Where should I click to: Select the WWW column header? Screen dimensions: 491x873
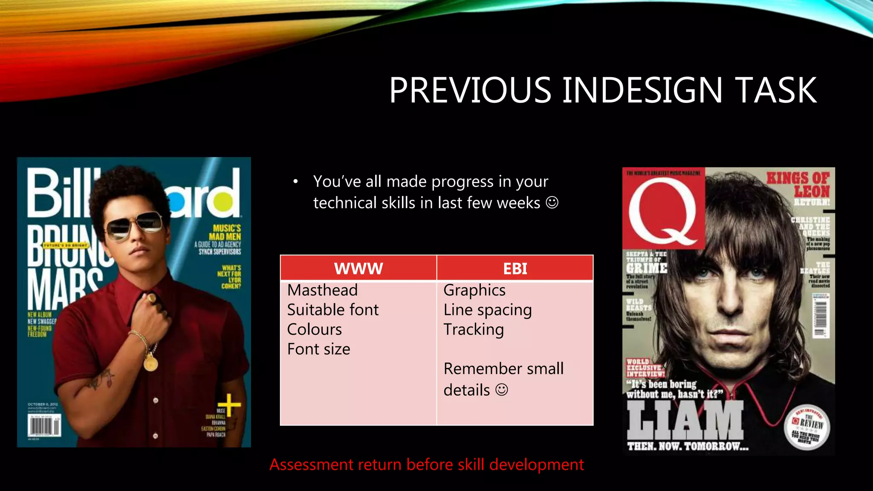coord(358,269)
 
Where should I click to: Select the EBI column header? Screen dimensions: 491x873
coord(515,269)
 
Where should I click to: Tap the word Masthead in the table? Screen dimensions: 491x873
coord(322,290)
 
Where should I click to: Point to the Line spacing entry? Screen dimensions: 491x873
coord(487,310)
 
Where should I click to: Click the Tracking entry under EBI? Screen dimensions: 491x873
coord(473,329)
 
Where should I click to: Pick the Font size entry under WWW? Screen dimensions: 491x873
coord(318,349)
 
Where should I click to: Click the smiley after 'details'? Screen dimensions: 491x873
coord(502,390)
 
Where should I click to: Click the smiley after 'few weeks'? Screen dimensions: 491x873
coord(552,202)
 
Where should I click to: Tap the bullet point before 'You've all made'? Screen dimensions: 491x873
coord(295,182)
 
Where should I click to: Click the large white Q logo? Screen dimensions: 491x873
coord(664,211)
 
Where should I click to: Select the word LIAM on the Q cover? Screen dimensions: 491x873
coord(685,420)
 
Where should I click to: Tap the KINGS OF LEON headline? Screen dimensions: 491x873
coord(798,185)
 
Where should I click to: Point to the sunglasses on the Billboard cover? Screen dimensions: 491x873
coord(135,225)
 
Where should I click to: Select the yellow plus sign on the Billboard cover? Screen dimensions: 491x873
coord(229,404)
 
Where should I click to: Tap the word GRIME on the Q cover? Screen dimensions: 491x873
coord(646,268)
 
